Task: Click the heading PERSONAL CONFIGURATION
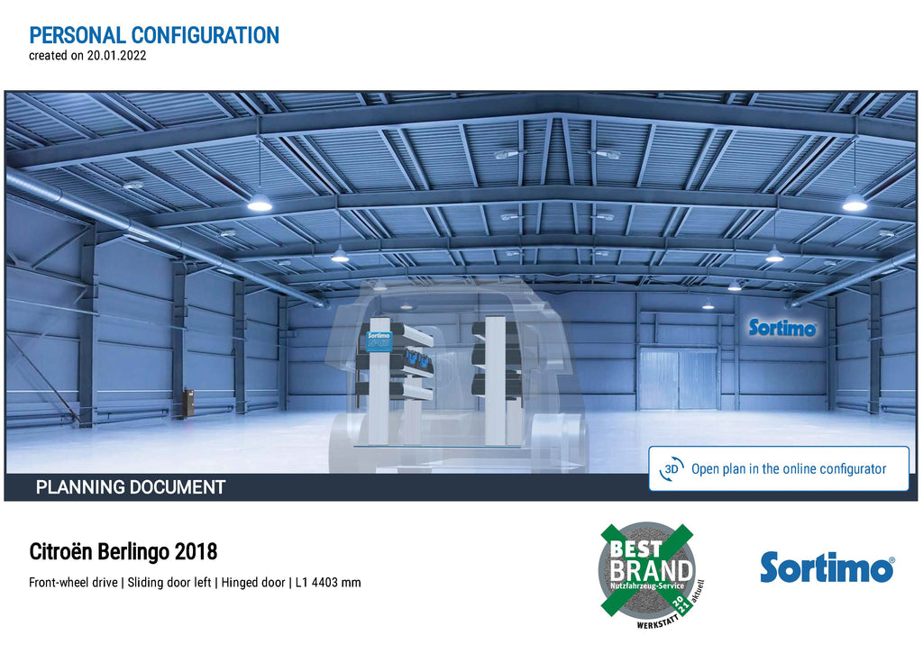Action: click(x=154, y=35)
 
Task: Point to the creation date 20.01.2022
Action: click(x=116, y=56)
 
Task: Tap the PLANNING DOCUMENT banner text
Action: click(x=131, y=487)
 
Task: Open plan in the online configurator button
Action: click(x=779, y=469)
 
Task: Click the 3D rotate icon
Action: click(x=672, y=469)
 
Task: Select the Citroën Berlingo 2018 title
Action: click(x=123, y=552)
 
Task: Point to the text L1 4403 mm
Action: click(x=328, y=583)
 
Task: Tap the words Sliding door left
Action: click(x=169, y=583)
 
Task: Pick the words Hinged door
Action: click(x=253, y=583)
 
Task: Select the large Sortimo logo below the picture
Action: click(x=827, y=567)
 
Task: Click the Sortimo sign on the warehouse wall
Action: click(x=782, y=328)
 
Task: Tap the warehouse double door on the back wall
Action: click(x=678, y=378)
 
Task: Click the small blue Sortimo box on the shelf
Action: click(x=379, y=341)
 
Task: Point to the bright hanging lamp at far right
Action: click(x=854, y=202)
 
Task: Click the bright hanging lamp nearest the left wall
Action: click(x=259, y=202)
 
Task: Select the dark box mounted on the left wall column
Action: click(x=188, y=403)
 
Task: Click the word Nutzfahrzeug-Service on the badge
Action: click(x=647, y=586)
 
